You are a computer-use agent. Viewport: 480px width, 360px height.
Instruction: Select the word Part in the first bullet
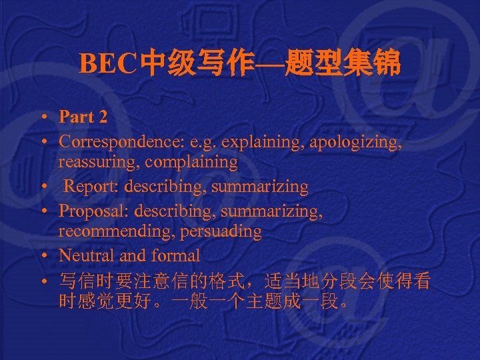(76, 117)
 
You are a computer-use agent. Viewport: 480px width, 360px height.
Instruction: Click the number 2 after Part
(102, 117)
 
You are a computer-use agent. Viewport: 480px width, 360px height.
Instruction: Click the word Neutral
(85, 255)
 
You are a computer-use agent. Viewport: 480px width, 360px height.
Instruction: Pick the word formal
(177, 255)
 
